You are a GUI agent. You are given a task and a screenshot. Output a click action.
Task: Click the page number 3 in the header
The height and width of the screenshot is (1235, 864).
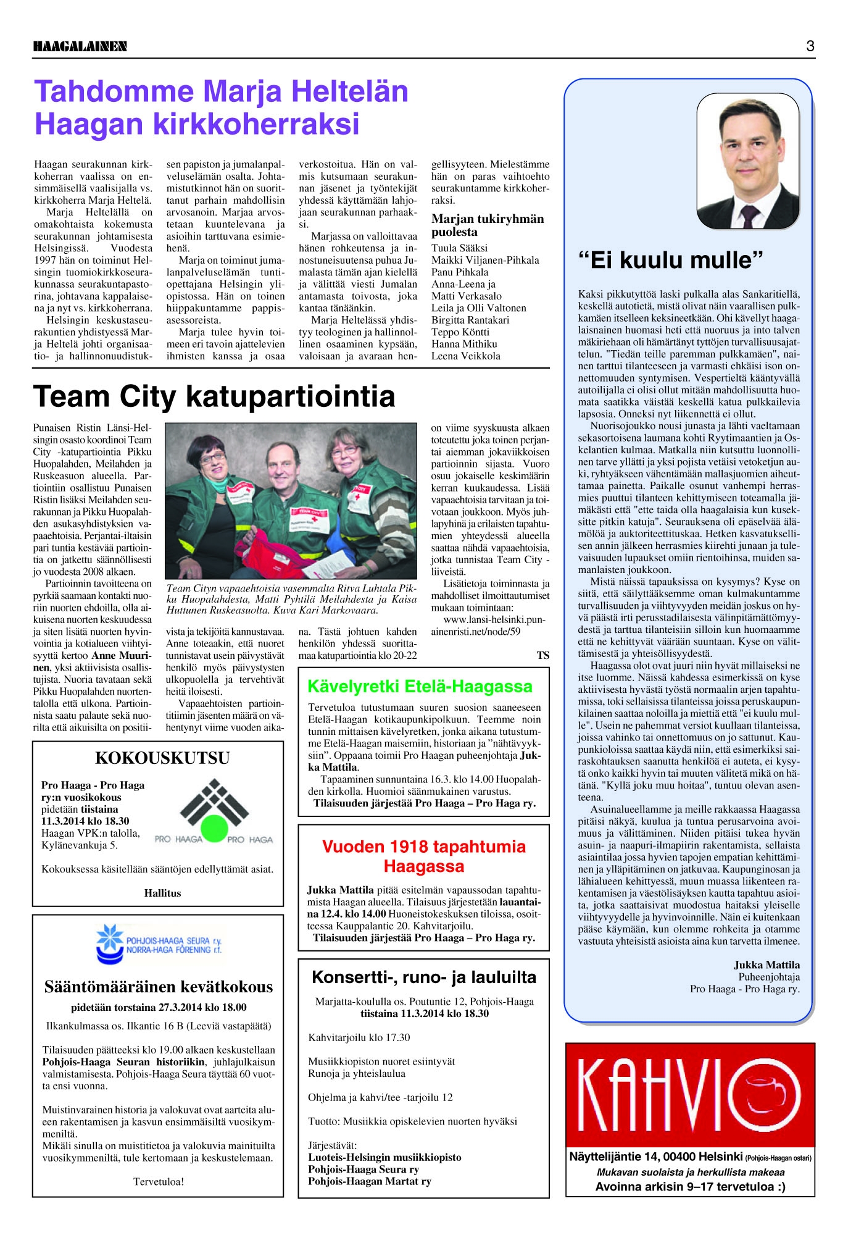coord(810,46)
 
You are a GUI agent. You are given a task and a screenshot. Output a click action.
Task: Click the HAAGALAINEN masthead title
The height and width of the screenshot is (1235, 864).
coord(80,46)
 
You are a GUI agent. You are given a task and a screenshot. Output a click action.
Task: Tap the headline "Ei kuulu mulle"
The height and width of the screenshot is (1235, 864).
coord(671,260)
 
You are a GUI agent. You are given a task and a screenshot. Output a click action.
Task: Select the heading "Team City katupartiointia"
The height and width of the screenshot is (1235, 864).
coord(214,396)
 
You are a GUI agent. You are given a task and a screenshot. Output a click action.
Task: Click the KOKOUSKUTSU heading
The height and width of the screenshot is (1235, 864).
coord(162,758)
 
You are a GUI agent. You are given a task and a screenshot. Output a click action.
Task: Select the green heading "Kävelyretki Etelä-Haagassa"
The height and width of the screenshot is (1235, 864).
coord(420,686)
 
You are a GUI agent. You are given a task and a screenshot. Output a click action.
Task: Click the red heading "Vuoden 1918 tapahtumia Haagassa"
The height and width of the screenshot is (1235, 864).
coord(423,856)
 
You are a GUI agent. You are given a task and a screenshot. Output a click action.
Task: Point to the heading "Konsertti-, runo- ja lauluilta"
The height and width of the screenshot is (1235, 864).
coord(423,977)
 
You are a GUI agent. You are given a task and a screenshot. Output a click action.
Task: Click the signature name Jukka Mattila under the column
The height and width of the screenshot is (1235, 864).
coord(766,965)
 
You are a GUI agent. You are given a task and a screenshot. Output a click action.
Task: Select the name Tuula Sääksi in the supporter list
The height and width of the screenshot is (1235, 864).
coord(459,248)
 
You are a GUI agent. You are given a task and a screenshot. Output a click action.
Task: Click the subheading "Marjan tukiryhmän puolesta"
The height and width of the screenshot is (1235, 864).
coord(488,225)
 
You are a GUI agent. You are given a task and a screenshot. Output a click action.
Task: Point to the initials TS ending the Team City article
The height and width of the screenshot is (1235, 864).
coord(542,655)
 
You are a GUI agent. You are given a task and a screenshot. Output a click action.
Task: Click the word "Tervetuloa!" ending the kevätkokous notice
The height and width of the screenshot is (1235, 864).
coord(159,1181)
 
